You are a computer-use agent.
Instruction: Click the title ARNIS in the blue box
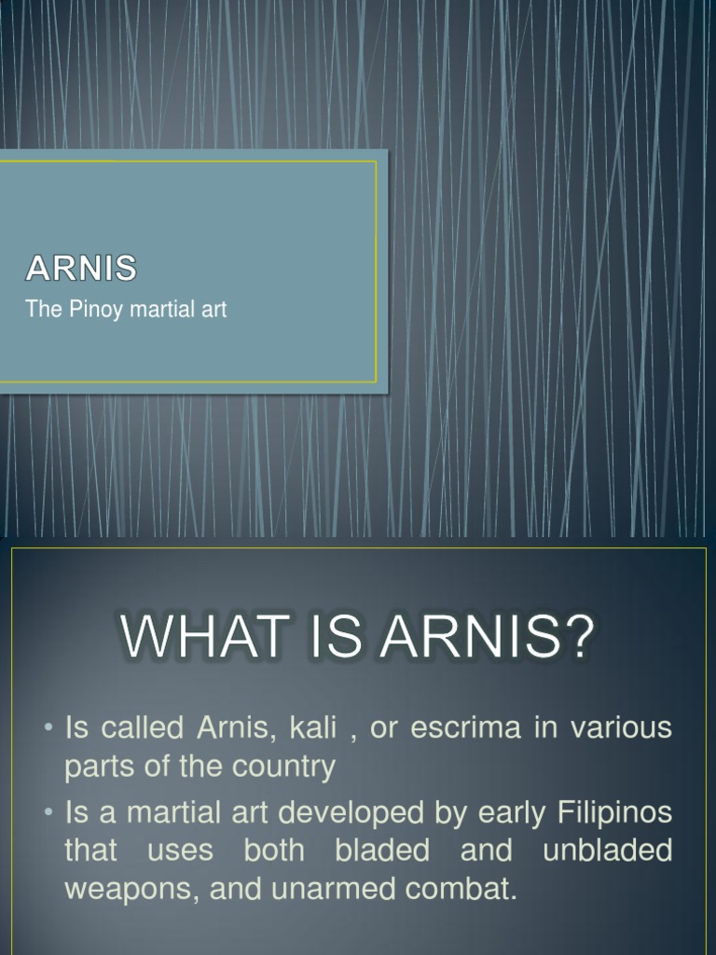coord(81,270)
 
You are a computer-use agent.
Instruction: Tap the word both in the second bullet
coord(274,850)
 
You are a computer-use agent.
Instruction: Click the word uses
coord(180,850)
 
